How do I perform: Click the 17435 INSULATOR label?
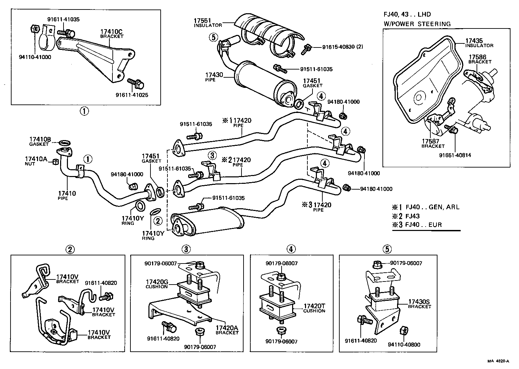click(479, 43)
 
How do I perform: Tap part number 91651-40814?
click(455, 155)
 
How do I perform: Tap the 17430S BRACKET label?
click(419, 304)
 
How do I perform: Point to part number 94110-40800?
click(404, 345)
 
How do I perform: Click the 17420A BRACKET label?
click(227, 330)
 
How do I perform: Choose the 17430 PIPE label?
click(214, 77)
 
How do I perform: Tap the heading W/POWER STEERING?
click(417, 24)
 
